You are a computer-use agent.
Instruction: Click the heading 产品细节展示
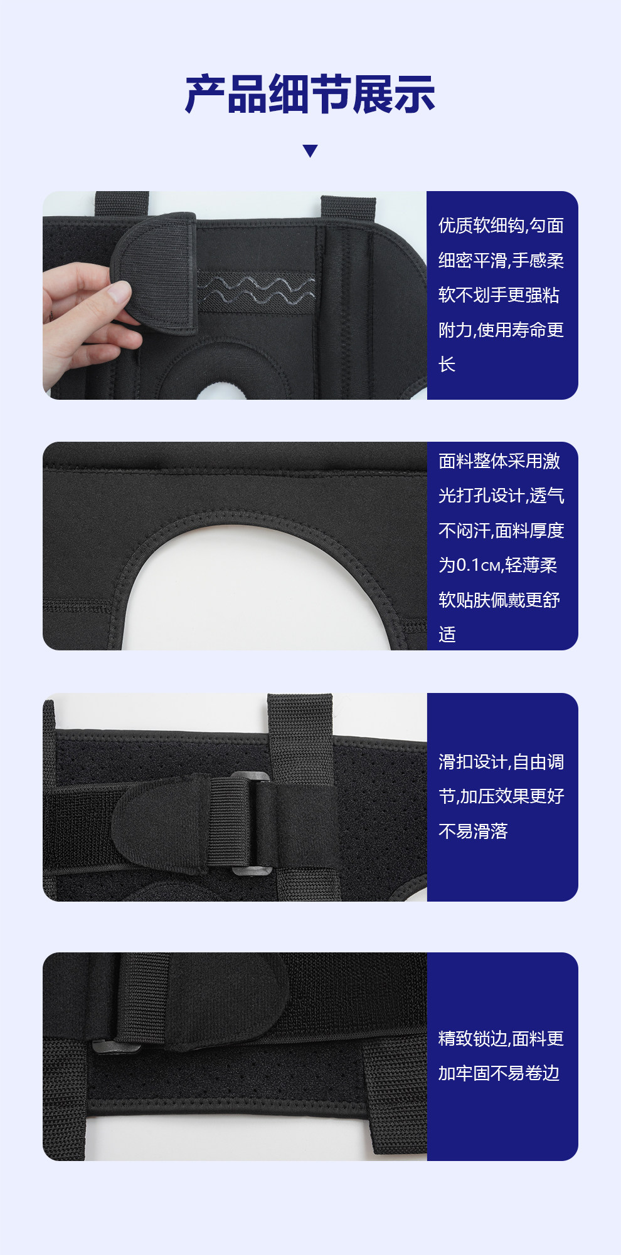click(310, 95)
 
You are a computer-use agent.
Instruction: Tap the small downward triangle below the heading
click(310, 151)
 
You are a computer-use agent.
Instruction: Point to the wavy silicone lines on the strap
click(256, 289)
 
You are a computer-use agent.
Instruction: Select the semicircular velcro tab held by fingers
click(154, 273)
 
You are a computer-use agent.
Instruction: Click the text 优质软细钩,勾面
click(501, 226)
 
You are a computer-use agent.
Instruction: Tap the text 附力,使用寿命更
click(501, 330)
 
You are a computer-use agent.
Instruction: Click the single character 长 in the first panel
click(447, 365)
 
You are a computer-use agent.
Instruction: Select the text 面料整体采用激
click(499, 461)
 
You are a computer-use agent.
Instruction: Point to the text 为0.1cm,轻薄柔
click(498, 565)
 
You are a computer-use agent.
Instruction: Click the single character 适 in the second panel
click(447, 635)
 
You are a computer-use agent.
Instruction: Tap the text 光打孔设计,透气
click(501, 496)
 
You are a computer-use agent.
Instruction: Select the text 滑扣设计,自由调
click(501, 762)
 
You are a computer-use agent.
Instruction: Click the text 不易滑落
click(473, 831)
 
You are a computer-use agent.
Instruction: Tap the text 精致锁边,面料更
click(501, 1039)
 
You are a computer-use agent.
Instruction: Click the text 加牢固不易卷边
click(499, 1073)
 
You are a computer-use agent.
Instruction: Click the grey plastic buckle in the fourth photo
click(117, 1044)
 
